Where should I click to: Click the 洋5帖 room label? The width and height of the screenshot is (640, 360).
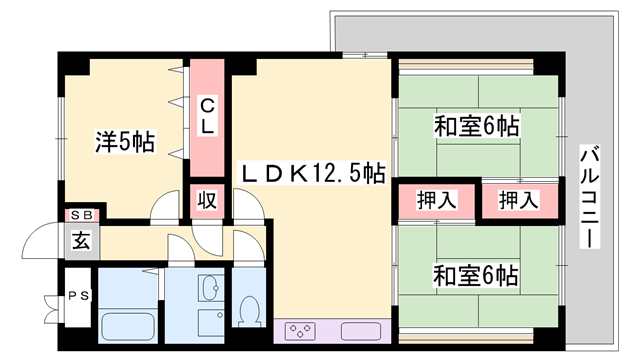coord(125,142)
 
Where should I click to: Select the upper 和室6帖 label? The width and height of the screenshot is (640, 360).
coord(475,127)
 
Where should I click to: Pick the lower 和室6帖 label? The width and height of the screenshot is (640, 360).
coord(475,272)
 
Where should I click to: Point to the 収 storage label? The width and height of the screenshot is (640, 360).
coord(207,199)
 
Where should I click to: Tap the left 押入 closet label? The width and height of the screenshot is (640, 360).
coord(435,199)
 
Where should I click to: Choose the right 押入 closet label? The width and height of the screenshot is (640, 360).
coord(517,199)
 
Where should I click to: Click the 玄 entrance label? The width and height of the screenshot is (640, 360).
coord(80,240)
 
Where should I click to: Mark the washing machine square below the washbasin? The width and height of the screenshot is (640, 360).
coord(211,324)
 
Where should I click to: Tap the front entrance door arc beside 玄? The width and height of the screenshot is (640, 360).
coord(42,244)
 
